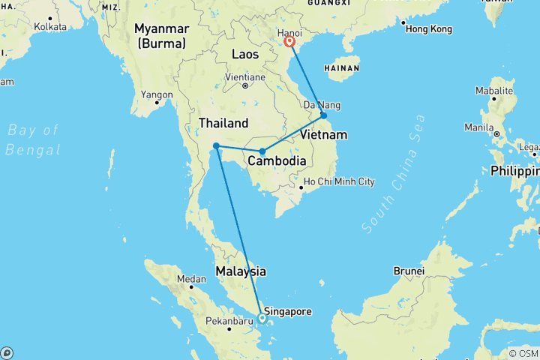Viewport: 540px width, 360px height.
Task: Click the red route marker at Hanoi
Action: coord(289,42)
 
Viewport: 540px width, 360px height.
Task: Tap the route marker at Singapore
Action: coord(262,318)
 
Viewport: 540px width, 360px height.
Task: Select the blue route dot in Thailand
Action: coord(215,145)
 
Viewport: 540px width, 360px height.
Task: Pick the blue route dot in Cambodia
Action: coord(262,151)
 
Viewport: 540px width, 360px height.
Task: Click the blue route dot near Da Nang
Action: coord(323,115)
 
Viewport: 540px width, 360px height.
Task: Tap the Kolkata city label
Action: coord(49,26)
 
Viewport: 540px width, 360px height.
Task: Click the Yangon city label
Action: coord(157,94)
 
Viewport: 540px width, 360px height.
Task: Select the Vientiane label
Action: coord(245,77)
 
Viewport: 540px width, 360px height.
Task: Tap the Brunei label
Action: coord(409,271)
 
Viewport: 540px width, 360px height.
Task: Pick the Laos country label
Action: coord(245,55)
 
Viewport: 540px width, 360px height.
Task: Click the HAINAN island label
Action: coord(344,68)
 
